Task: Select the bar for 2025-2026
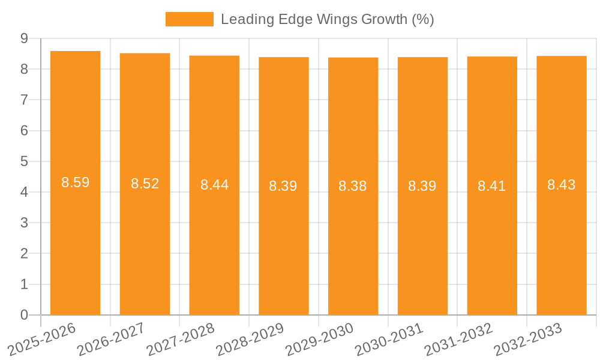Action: point(75,240)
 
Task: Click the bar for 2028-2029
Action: point(284,240)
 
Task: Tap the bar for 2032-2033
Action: point(562,240)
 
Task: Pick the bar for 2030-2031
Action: point(422,240)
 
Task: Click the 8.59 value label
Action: point(75,182)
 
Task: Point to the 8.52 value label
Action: point(145,184)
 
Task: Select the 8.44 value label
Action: point(214,185)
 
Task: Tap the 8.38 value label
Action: point(353,186)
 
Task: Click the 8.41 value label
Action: point(492,186)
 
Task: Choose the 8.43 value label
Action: point(562,185)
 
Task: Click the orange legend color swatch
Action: point(189,19)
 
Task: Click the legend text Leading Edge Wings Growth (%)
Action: point(327,19)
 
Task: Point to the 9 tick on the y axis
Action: point(24,38)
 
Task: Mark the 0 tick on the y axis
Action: point(24,315)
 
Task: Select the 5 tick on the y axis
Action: point(24,161)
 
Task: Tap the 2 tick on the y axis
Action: point(24,254)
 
